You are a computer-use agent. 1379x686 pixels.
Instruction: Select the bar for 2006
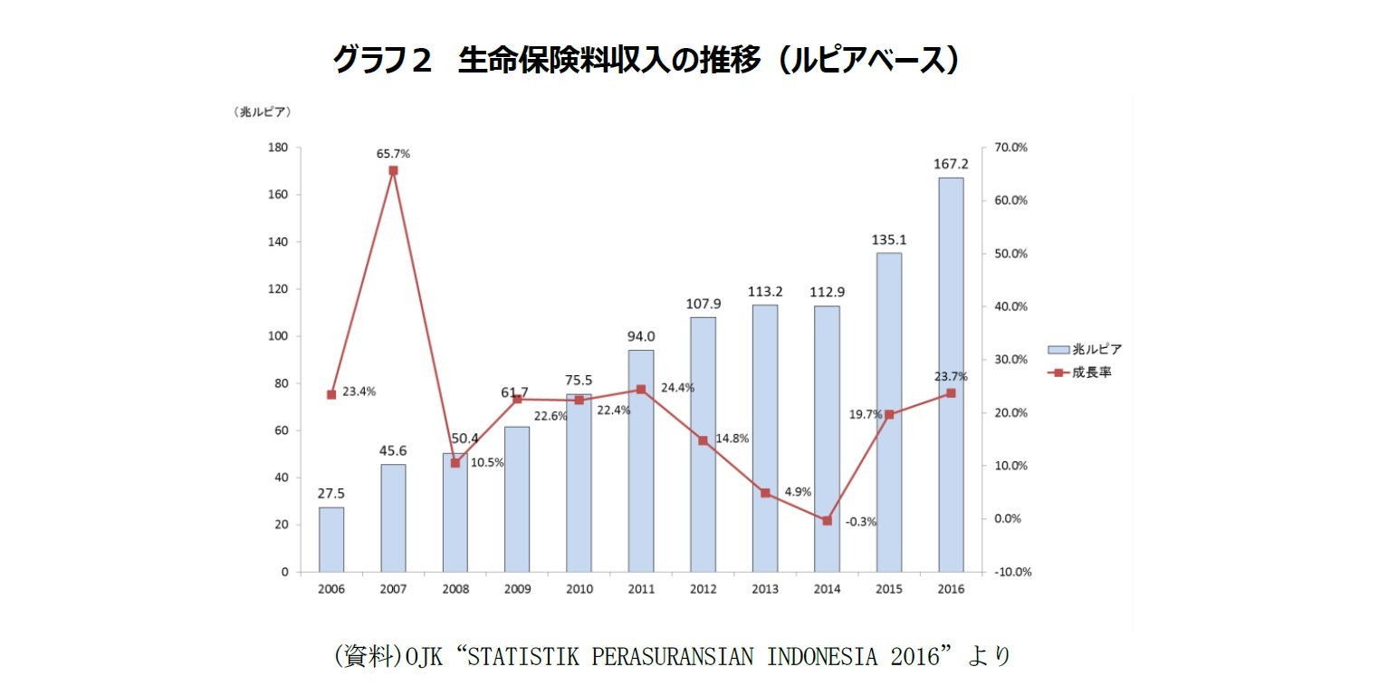(331, 539)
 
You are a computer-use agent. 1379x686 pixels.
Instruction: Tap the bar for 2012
(703, 444)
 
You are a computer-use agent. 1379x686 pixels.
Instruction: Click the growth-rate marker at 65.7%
(393, 170)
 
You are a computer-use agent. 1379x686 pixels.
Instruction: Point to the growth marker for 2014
(827, 520)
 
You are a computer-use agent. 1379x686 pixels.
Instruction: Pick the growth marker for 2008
(455, 463)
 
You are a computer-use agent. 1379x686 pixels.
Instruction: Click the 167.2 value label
(951, 164)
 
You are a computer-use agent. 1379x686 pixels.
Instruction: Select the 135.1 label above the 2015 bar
(888, 240)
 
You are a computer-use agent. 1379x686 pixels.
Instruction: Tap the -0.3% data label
(860, 522)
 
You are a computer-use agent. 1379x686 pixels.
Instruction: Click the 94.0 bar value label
(641, 336)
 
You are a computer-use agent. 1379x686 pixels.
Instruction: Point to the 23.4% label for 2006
(359, 392)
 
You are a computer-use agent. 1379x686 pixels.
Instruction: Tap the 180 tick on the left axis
(279, 148)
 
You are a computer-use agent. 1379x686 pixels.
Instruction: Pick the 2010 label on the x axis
(579, 588)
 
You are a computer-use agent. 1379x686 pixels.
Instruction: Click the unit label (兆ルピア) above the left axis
(262, 112)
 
